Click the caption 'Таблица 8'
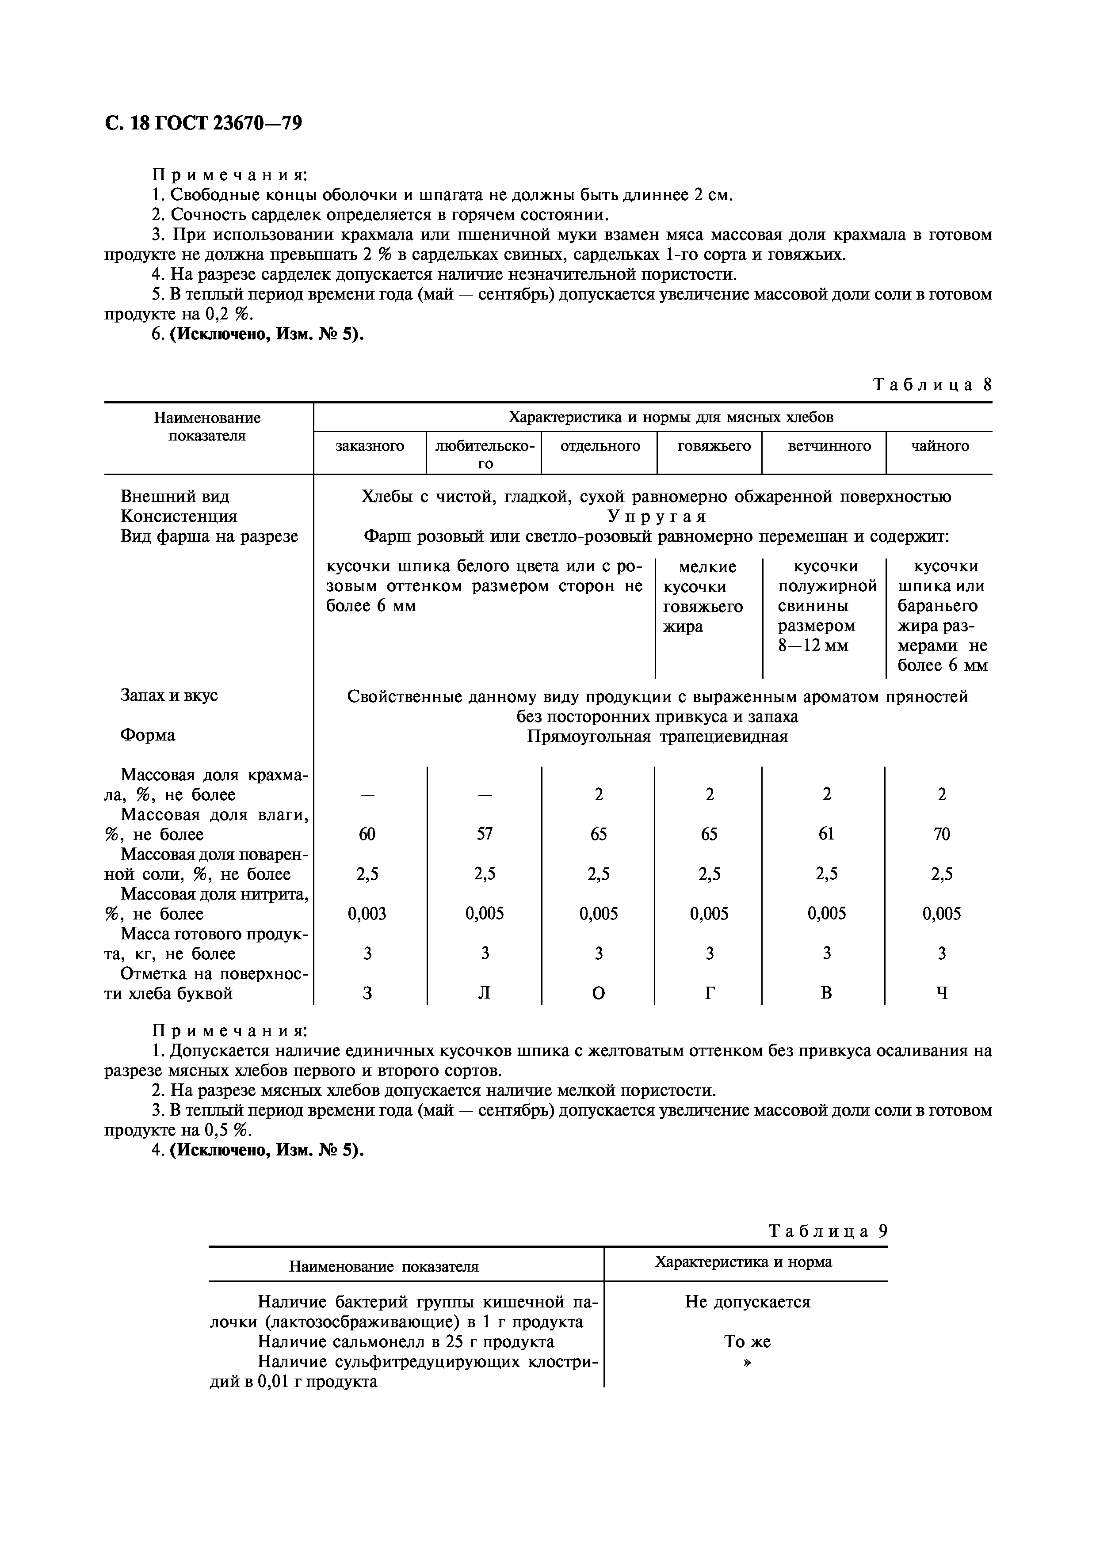coord(932,385)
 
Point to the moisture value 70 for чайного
coord(941,834)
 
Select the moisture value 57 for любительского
coord(485,834)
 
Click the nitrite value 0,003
coord(367,914)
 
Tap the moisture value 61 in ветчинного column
coord(827,834)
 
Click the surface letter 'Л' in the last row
coord(485,994)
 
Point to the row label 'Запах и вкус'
coord(169,695)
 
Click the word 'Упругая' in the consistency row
coord(657,517)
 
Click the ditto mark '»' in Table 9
coord(747,1362)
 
